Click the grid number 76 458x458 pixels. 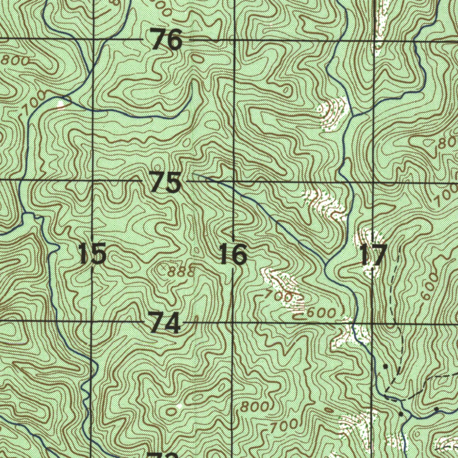pyautogui.click(x=167, y=40)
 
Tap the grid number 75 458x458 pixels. pyautogui.click(x=166, y=182)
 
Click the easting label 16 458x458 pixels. pyautogui.click(x=233, y=254)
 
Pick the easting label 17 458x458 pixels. pyautogui.click(x=373, y=256)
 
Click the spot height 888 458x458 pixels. pyautogui.click(x=181, y=271)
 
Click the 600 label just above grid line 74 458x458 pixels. pyautogui.click(x=321, y=313)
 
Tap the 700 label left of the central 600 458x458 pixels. pyautogui.click(x=278, y=295)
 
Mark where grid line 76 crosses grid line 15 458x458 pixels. pyautogui.click(x=93, y=39)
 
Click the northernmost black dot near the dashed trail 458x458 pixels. pyautogui.click(x=385, y=366)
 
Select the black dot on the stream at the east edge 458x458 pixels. pyautogui.click(x=436, y=409)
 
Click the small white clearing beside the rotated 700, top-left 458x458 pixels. pyautogui.click(x=61, y=104)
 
